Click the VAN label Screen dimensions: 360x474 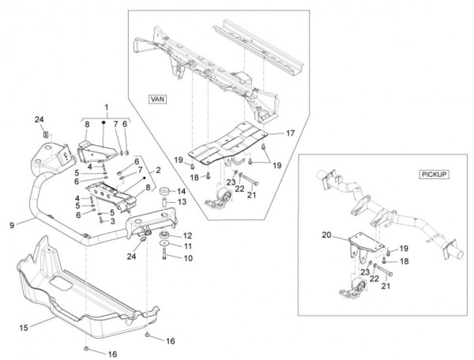coord(157,99)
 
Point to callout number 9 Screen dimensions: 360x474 coord(12,224)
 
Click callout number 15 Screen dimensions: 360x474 coord(24,326)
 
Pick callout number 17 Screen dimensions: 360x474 coord(290,133)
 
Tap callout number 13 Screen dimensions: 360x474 coord(180,203)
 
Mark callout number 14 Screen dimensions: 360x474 coord(180,191)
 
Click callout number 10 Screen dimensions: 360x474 coord(188,258)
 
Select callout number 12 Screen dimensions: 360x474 coord(188,235)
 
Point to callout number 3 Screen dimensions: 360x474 coord(114,221)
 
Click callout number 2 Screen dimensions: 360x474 coord(158,170)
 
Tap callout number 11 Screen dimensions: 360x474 coord(188,246)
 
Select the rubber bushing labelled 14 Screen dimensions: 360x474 coord(164,192)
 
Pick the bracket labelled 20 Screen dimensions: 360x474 coord(354,243)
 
